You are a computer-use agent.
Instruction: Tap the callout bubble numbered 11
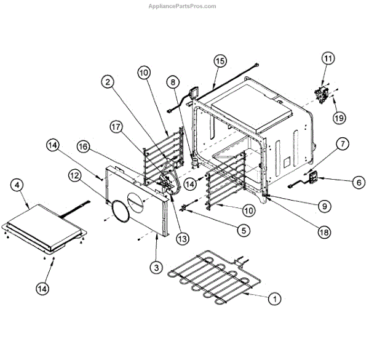[x=327, y=59]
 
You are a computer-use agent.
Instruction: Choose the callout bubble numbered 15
[x=220, y=61]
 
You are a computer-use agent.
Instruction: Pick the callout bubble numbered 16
[x=84, y=146]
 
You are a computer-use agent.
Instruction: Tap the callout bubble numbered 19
[x=338, y=116]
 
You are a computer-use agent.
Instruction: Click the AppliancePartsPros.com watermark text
[x=184, y=6]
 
